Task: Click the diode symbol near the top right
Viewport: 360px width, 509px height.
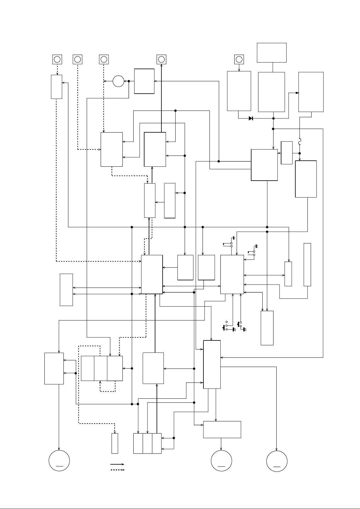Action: click(x=251, y=118)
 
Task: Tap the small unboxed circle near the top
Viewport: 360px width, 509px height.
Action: click(x=118, y=81)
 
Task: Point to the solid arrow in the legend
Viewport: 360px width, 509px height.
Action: click(x=118, y=464)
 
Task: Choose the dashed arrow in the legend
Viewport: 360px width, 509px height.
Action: click(x=118, y=470)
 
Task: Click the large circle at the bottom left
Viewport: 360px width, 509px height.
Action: click(x=59, y=460)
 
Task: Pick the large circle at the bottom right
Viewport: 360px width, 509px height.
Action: click(x=277, y=461)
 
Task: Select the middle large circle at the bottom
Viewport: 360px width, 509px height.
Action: click(x=221, y=460)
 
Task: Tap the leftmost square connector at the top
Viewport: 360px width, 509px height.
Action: click(x=57, y=59)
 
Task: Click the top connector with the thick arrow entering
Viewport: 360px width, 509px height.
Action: click(x=161, y=59)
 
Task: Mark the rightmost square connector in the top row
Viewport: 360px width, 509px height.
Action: click(x=239, y=59)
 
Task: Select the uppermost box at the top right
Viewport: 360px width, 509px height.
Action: click(x=272, y=53)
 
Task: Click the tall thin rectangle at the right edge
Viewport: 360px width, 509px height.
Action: click(x=307, y=264)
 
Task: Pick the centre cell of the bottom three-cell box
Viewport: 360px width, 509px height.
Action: click(x=148, y=443)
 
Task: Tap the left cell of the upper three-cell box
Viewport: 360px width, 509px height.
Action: click(x=88, y=368)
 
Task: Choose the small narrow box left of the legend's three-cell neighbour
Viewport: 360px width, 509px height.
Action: click(x=115, y=443)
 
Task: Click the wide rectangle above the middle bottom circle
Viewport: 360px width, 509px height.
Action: click(x=222, y=429)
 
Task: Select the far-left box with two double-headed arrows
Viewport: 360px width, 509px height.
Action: click(x=66, y=290)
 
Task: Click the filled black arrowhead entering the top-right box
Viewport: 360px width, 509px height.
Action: click(x=297, y=93)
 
